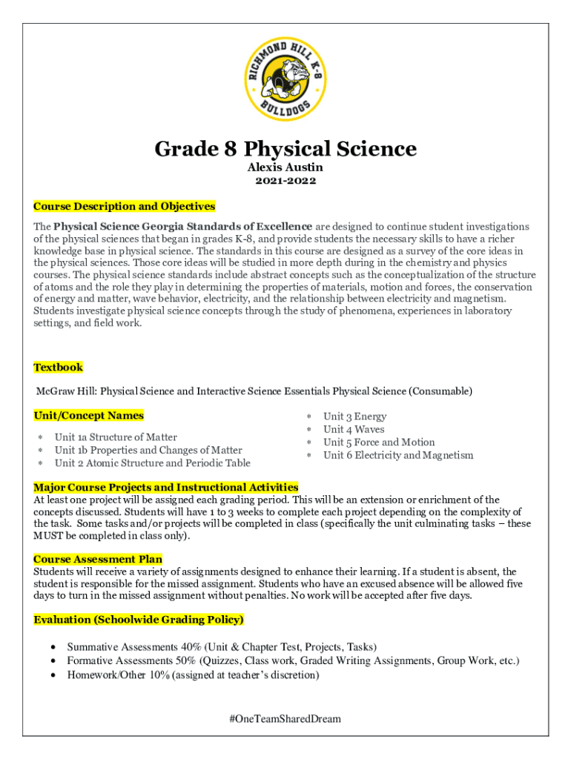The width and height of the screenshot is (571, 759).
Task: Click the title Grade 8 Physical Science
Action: click(285, 149)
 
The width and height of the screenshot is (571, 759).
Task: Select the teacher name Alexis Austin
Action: click(285, 168)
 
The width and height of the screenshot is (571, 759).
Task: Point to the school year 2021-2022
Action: click(285, 181)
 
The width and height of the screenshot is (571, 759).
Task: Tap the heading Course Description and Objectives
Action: click(124, 206)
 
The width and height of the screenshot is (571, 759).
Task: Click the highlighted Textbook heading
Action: click(58, 367)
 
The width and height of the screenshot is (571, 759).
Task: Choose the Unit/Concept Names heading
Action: click(88, 415)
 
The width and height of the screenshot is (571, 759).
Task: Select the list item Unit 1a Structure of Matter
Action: click(116, 437)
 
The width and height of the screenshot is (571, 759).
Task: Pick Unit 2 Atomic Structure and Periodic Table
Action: click(152, 463)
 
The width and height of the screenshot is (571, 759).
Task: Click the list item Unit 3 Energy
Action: click(354, 417)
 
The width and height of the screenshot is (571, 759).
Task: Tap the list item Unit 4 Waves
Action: click(354, 429)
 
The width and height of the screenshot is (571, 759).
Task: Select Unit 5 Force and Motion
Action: click(379, 443)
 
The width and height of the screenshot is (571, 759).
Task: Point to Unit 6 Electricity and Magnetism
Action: click(397, 455)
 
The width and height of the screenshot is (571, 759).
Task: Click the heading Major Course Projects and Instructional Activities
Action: click(165, 487)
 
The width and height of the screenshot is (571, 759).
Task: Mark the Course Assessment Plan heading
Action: click(98, 559)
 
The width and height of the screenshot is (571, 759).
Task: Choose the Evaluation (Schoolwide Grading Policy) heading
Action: click(139, 619)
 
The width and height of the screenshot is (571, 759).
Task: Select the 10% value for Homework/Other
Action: click(159, 675)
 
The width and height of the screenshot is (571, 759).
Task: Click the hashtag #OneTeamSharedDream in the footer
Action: click(285, 718)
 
